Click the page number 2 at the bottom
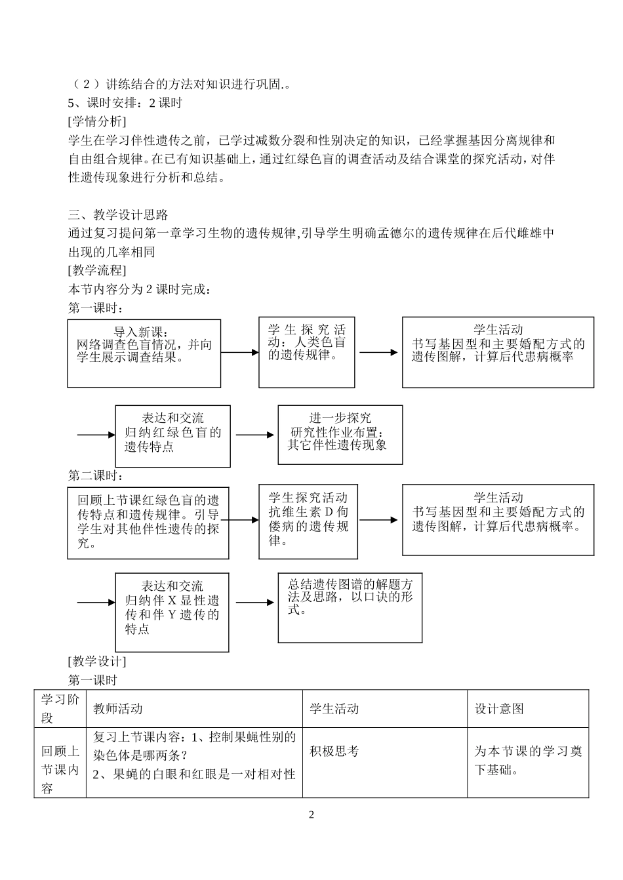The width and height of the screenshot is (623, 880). tap(311, 815)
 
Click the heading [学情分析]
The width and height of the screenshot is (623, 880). tap(97, 121)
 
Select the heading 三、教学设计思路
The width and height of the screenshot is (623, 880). tap(119, 215)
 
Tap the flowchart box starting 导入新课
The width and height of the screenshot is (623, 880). tap(144, 353)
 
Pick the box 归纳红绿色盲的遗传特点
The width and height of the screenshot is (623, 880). tap(172, 435)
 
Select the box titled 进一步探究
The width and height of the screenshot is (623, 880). tap(340, 434)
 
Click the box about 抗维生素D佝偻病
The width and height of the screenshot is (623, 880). tap(308, 521)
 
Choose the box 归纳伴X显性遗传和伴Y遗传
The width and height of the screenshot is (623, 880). tap(172, 612)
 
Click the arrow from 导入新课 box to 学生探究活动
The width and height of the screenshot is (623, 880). tap(240, 353)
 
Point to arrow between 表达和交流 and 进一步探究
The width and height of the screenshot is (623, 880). tap(254, 435)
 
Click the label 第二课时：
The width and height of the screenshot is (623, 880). tap(96, 475)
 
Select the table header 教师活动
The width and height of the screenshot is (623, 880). tap(117, 709)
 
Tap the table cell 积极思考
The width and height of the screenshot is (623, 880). tap(334, 751)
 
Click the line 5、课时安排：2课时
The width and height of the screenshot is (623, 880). tap(125, 103)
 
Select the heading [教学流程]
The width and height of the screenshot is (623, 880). tap(97, 270)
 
